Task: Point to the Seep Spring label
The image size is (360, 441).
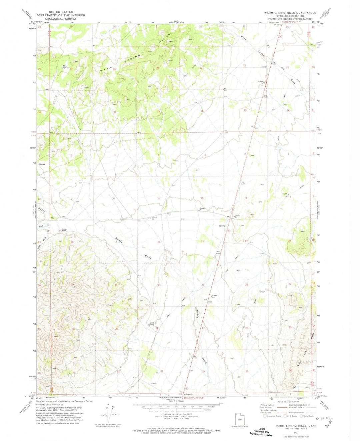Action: (x=151, y=323)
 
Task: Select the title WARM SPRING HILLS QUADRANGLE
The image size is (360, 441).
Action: (x=290, y=13)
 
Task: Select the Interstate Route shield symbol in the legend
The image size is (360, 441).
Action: (x=265, y=416)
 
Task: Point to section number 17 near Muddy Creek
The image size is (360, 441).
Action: (x=115, y=242)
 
